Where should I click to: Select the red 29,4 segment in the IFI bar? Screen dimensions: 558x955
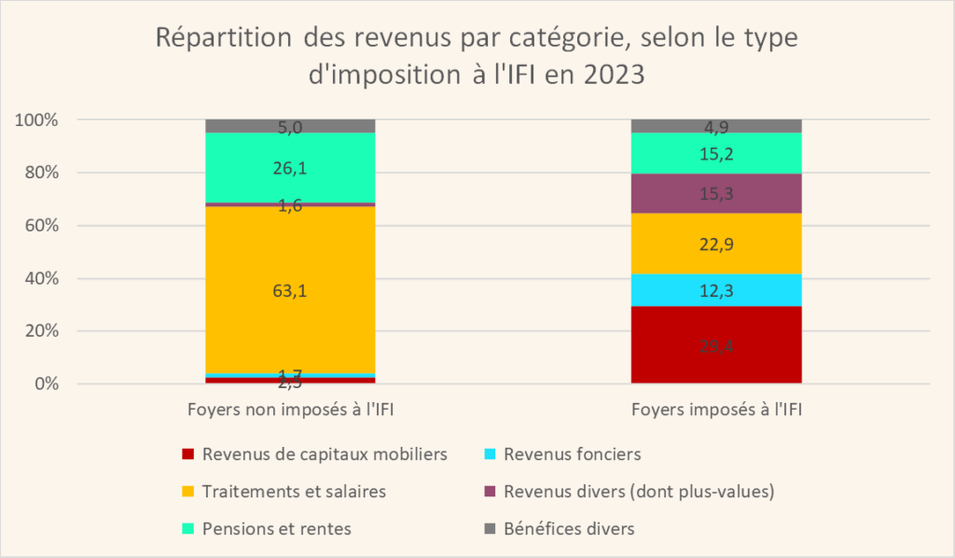pos(716,345)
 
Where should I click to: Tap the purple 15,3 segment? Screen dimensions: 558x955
pos(716,193)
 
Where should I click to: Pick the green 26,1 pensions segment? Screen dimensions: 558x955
pos(290,168)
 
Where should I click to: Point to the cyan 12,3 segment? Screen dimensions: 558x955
pos(716,290)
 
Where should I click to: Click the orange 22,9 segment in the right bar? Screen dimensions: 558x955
pos(716,244)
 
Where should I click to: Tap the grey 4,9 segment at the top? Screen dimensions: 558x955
pos(716,126)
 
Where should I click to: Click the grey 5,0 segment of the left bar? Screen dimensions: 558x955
pos(290,126)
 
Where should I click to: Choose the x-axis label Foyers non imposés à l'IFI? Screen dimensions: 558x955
pos(290,409)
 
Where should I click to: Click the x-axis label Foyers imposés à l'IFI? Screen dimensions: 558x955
pos(716,409)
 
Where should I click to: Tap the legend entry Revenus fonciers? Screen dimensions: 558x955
pos(570,454)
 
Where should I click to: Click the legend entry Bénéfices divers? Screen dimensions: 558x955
pos(569,529)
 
